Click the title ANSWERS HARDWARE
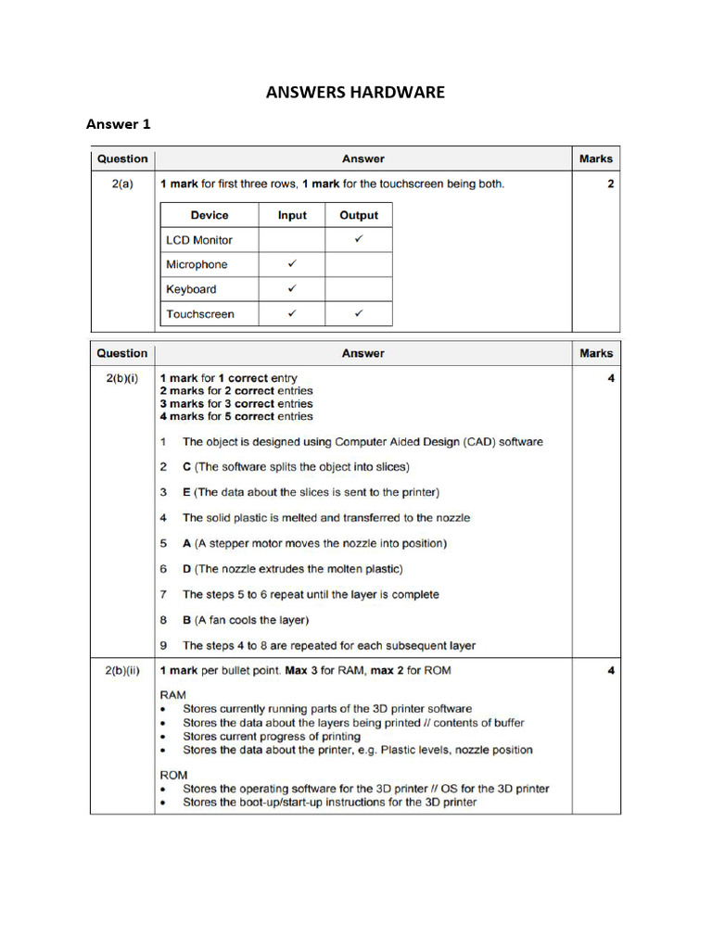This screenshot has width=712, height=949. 356,92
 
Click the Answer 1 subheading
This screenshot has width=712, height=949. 118,124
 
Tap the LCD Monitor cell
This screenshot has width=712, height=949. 199,240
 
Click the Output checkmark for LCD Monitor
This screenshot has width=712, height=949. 359,239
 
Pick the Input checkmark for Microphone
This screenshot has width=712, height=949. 292,264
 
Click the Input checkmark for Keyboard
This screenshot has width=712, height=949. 292,289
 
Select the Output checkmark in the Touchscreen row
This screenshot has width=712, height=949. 359,314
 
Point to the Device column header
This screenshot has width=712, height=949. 210,215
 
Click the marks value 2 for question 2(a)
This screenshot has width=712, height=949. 611,184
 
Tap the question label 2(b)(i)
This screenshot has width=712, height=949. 122,379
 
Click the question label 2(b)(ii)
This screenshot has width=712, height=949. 122,670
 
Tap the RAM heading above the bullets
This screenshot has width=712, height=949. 173,693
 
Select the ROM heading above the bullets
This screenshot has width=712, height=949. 173,775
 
